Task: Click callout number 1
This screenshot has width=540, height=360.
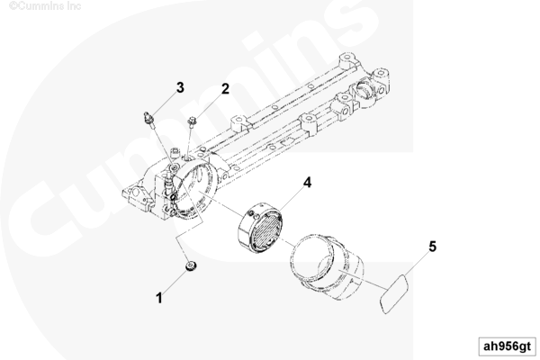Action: point(158,298)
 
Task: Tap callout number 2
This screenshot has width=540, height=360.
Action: point(225,89)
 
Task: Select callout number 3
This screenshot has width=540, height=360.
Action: point(180,87)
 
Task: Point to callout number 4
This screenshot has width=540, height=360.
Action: point(307,183)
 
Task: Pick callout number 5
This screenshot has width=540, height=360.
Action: point(433,247)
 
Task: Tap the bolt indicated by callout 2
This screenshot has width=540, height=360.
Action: point(192,121)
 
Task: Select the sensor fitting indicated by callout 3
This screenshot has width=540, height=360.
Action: point(149,118)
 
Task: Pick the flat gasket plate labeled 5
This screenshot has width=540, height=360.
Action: point(393,294)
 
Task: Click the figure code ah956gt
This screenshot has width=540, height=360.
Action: point(508,346)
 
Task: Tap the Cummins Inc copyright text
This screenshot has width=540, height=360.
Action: point(45,6)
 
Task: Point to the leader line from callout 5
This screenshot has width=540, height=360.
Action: point(416,264)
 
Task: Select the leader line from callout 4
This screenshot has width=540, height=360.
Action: point(292,198)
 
